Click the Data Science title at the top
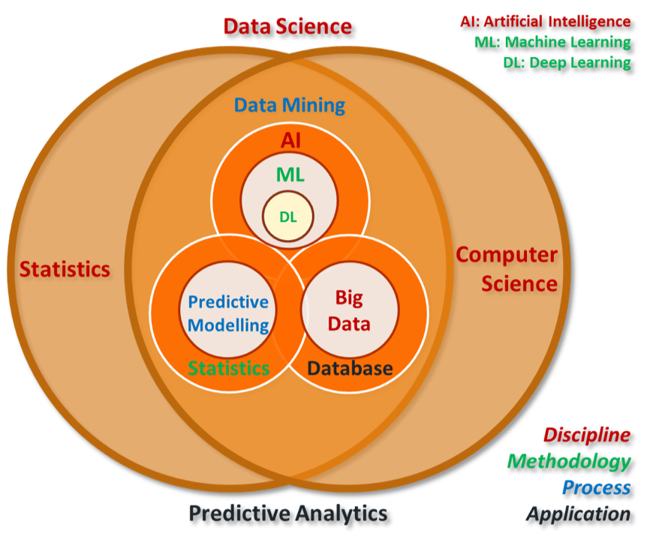pyautogui.click(x=287, y=27)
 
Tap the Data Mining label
pyautogui.click(x=290, y=105)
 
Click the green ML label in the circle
pyautogui.click(x=290, y=175)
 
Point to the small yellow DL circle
pyautogui.click(x=288, y=217)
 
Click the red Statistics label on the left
pyautogui.click(x=65, y=269)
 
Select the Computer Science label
pyautogui.click(x=507, y=269)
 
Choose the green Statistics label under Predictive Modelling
pyautogui.click(x=228, y=369)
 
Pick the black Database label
pyautogui.click(x=350, y=369)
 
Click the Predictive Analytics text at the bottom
pyautogui.click(x=287, y=514)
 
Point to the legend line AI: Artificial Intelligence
pyautogui.click(x=546, y=22)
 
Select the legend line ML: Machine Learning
pyautogui.click(x=552, y=42)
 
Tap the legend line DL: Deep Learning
pyautogui.click(x=567, y=62)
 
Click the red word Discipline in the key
pyautogui.click(x=586, y=435)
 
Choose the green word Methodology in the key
pyautogui.click(x=568, y=461)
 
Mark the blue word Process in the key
pyautogui.click(x=596, y=487)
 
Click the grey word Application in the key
pyautogui.click(x=577, y=514)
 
